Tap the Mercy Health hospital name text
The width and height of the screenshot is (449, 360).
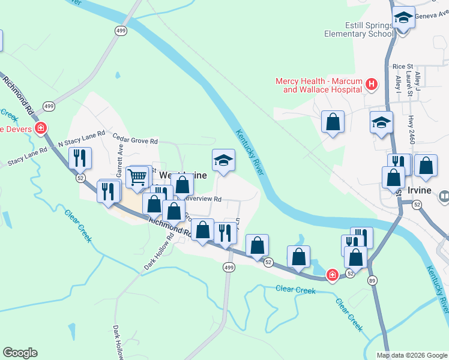coord(318,85)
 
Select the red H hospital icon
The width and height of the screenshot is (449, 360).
coord(372,85)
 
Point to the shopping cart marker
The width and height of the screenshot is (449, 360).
coord(138,177)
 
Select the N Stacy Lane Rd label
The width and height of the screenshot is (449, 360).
coord(81,139)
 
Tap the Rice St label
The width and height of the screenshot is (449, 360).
coord(402,67)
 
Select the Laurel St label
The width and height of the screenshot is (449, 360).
coord(409,83)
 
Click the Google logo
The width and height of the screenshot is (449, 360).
coord(20,353)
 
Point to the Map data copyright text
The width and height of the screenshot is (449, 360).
coord(411,355)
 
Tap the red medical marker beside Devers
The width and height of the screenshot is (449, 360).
coord(41,128)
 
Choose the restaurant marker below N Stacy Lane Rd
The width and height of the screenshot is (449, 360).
coord(79,158)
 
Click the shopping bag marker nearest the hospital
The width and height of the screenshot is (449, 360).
coord(333,122)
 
